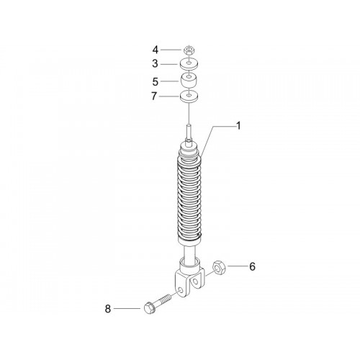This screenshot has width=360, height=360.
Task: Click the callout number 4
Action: [156, 50]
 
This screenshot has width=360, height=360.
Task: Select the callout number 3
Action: [156, 64]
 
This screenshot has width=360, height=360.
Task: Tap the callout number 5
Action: [156, 82]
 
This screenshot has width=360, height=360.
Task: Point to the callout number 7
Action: [154, 96]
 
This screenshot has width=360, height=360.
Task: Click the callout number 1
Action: [238, 126]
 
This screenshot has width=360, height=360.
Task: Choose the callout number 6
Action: [252, 266]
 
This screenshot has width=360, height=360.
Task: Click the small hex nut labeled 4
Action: [189, 50]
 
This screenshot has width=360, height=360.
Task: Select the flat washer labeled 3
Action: [189, 64]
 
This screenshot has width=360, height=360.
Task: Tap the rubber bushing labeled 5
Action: [189, 81]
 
